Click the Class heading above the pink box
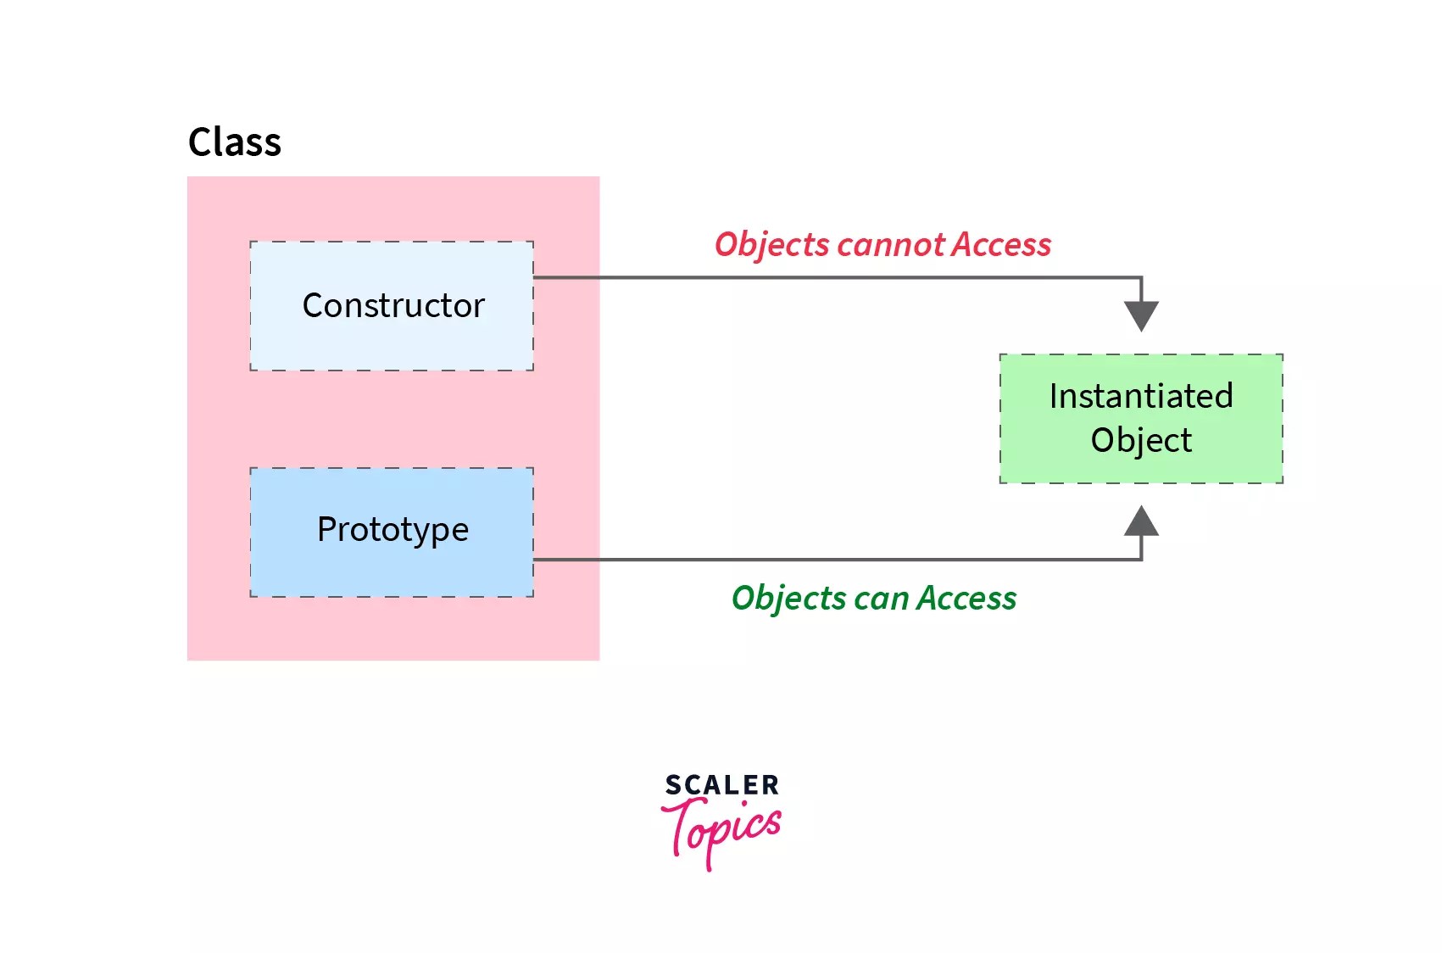click(x=234, y=142)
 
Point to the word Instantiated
click(x=1140, y=396)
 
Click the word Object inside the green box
click(x=1140, y=441)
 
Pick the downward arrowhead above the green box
click(x=1141, y=316)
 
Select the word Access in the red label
click(x=1001, y=245)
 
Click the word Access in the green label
click(x=966, y=599)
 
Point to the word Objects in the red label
click(x=771, y=245)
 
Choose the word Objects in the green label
click(x=788, y=599)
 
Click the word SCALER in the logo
click(x=721, y=785)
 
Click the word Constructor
click(x=393, y=305)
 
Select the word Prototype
click(x=393, y=530)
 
